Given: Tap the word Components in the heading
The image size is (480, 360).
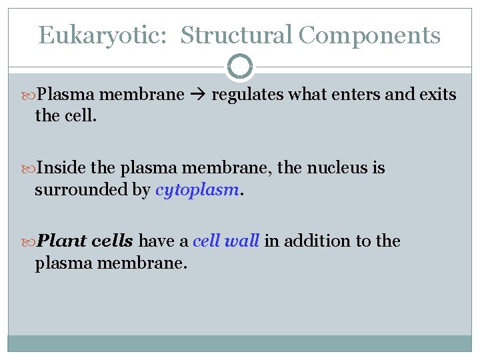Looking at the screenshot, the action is pos(369,35).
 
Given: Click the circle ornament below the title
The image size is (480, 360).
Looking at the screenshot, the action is pos(240,67).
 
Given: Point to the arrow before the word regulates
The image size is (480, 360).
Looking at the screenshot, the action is pos(198,95).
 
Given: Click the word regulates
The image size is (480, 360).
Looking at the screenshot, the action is pos(246,95).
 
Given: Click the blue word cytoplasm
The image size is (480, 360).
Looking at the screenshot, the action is pos(197,190).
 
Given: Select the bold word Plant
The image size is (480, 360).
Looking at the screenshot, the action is pos(61,241).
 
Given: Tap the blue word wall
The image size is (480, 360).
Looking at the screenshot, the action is pos(241,241).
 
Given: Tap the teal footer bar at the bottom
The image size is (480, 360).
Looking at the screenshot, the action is pos(240,343).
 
